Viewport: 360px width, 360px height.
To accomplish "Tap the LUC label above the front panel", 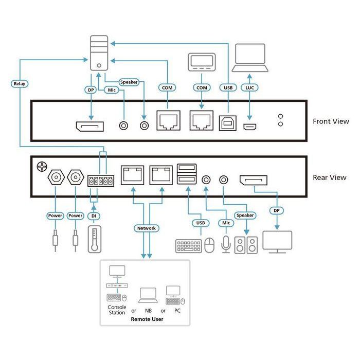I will [x=250, y=87].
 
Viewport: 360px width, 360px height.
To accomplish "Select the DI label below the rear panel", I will [x=93, y=215].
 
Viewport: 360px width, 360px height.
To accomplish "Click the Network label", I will [x=146, y=228].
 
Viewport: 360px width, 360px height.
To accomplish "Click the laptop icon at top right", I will [x=250, y=58].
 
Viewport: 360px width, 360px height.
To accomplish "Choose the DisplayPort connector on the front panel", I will [x=89, y=125].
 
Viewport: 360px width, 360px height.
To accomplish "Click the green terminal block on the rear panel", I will [x=100, y=180].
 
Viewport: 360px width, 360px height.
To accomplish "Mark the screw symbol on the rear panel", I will [x=41, y=167].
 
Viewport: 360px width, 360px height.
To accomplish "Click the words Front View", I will [x=331, y=122].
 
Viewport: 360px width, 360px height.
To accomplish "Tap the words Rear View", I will [x=330, y=178].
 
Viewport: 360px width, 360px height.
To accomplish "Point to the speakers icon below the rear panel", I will [x=246, y=245].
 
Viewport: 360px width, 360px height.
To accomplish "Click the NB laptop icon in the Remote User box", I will [x=148, y=295].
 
